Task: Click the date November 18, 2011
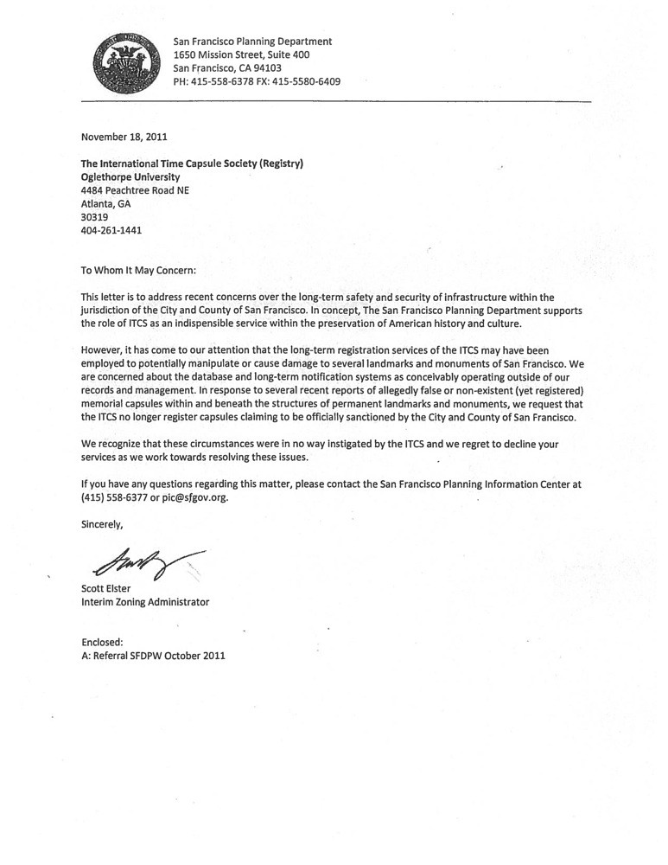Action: point(124,136)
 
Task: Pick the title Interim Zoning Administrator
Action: point(144,602)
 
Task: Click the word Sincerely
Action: point(102,524)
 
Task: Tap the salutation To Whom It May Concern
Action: point(138,270)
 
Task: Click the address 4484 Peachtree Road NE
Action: point(134,190)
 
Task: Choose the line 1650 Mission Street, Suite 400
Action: point(241,54)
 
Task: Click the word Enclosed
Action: point(102,642)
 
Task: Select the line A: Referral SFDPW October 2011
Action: point(153,656)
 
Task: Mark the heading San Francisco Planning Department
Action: point(252,41)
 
